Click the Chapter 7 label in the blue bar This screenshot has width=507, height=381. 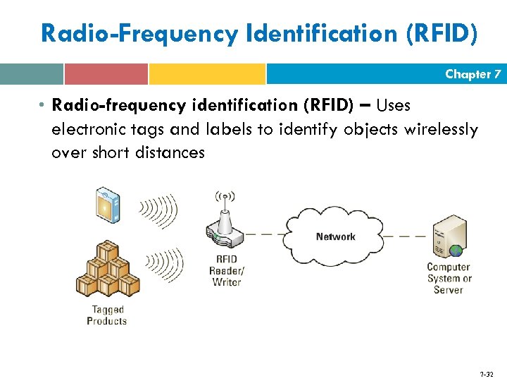click(x=472, y=74)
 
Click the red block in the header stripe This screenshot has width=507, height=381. click(x=106, y=74)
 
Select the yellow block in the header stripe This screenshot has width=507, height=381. click(x=207, y=74)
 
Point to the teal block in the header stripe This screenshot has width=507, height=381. click(x=32, y=74)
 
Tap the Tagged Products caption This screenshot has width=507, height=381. click(x=107, y=315)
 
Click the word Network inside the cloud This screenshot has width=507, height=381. click(x=335, y=236)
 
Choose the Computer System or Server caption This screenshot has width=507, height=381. click(x=449, y=278)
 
